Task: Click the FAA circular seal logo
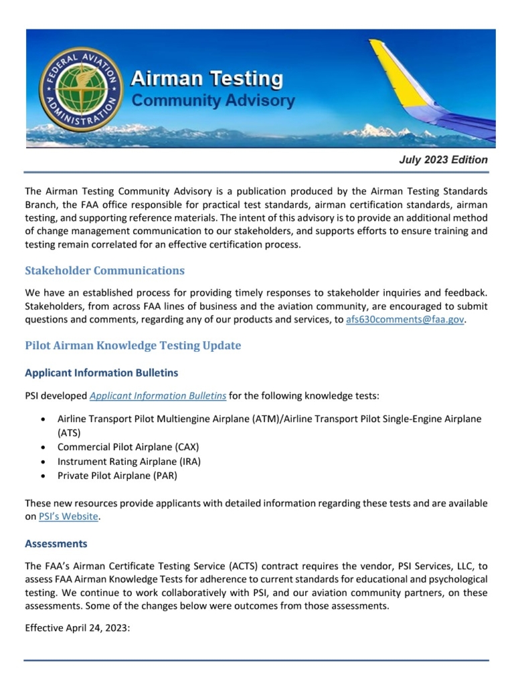pyautogui.click(x=81, y=90)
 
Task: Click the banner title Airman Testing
pyautogui.click(x=207, y=80)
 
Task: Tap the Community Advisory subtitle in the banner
pyautogui.click(x=213, y=101)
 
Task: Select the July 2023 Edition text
pyautogui.click(x=443, y=160)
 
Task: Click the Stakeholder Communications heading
pyautogui.click(x=104, y=271)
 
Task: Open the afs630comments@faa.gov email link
pyautogui.click(x=405, y=320)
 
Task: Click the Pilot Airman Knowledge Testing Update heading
pyautogui.click(x=133, y=346)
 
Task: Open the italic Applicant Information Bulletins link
pyautogui.click(x=158, y=396)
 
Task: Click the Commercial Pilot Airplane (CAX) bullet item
pyautogui.click(x=128, y=447)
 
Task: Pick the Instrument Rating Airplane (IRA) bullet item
pyautogui.click(x=129, y=462)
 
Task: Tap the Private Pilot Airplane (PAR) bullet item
pyautogui.click(x=117, y=476)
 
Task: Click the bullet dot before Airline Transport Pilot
pyautogui.click(x=43, y=419)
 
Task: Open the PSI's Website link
pyautogui.click(x=69, y=516)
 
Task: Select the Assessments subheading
pyautogui.click(x=56, y=544)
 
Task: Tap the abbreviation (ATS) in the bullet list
pyautogui.click(x=69, y=433)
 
